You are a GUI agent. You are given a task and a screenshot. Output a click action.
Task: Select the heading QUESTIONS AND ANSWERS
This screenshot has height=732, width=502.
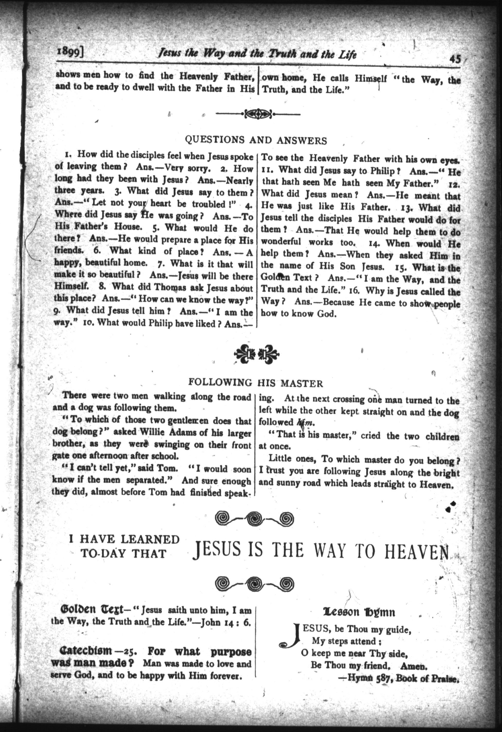pos(256,140)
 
